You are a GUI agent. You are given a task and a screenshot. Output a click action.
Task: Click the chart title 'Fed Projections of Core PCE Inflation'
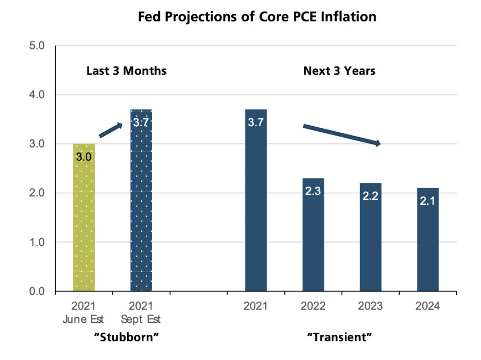257,17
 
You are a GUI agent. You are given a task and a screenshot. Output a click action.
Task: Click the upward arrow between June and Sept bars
111,130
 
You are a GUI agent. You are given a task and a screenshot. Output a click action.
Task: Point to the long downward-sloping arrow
342,135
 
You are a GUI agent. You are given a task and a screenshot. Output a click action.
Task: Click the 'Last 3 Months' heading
126,71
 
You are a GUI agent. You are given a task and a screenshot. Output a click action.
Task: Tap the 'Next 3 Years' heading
339,71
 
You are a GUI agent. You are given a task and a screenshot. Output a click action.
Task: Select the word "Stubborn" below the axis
127,337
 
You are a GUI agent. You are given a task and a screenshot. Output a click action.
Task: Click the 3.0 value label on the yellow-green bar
84,157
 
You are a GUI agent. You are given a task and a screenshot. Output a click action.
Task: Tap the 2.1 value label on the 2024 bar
428,201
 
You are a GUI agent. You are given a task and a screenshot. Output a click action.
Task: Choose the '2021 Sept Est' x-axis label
141,313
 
